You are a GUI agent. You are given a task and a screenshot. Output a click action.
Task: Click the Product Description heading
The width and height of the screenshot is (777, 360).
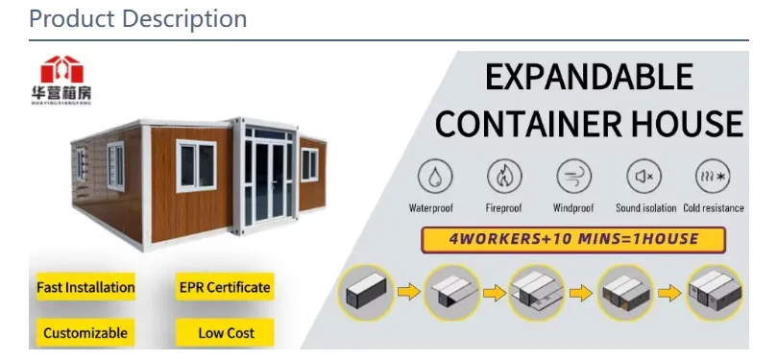pyautogui.click(x=137, y=18)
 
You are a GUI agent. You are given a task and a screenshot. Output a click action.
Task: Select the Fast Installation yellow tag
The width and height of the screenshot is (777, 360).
pyautogui.click(x=85, y=287)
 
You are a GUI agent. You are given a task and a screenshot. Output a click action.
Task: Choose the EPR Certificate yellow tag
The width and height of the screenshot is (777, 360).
pyautogui.click(x=225, y=287)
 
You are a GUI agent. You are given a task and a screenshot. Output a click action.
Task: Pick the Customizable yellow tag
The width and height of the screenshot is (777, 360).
pyautogui.click(x=85, y=333)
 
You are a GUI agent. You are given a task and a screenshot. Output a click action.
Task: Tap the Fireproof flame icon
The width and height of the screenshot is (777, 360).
pyautogui.click(x=504, y=178)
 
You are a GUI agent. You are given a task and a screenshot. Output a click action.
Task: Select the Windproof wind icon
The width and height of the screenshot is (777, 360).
pyautogui.click(x=573, y=178)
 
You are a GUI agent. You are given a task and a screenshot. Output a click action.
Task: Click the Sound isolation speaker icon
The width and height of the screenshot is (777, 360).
pyautogui.click(x=643, y=178)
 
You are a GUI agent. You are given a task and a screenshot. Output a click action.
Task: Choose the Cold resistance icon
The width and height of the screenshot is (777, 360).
pyautogui.click(x=713, y=178)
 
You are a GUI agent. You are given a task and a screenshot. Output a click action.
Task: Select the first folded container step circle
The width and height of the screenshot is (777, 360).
pyautogui.click(x=367, y=293)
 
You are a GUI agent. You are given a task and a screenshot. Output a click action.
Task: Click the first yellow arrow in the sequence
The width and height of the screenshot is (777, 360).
pyautogui.click(x=409, y=292)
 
